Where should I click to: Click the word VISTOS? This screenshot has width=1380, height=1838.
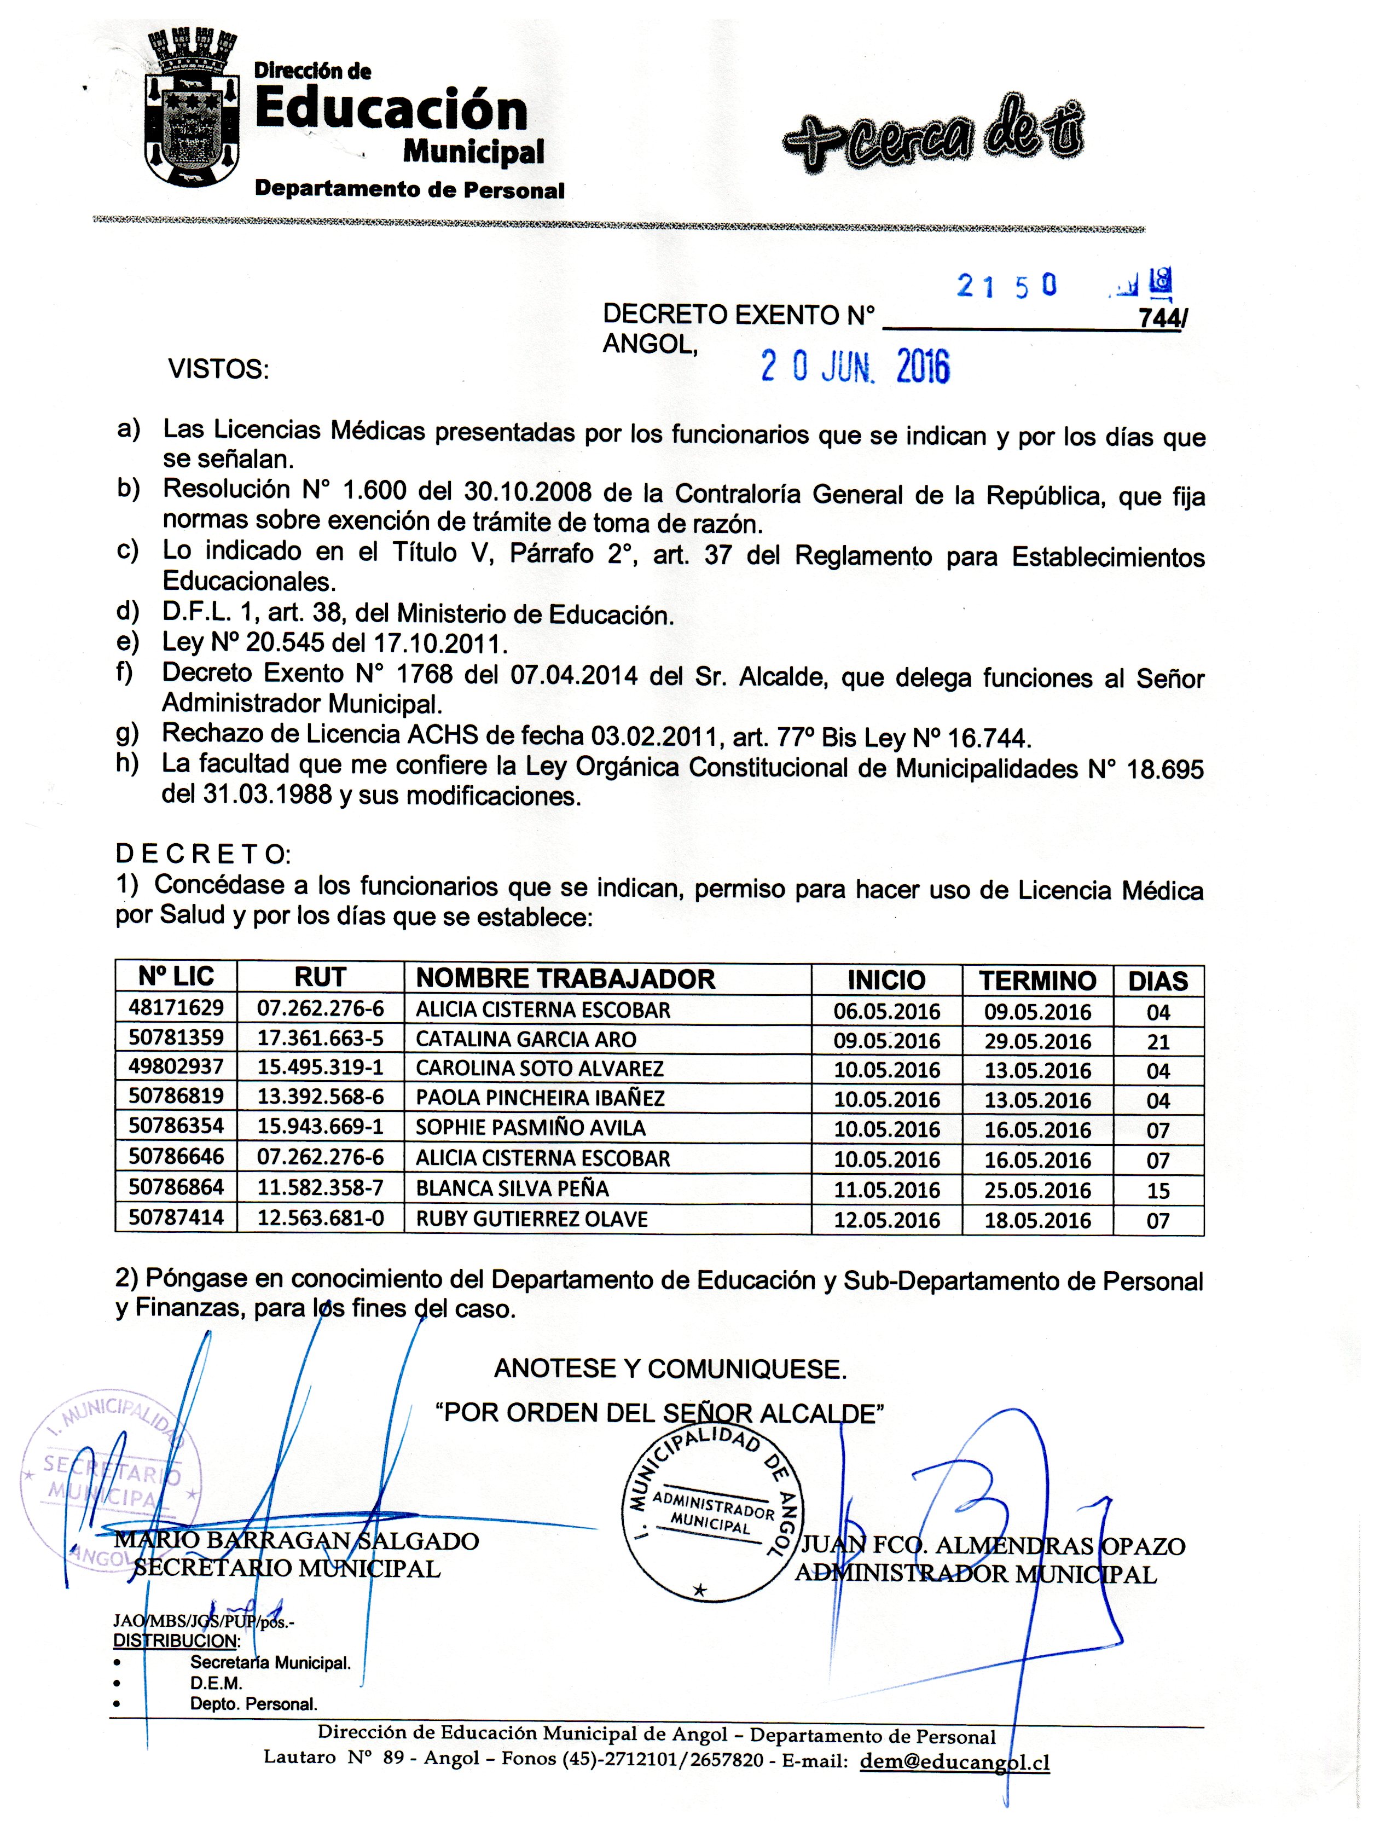[218, 369]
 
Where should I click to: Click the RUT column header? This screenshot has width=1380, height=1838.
[320, 978]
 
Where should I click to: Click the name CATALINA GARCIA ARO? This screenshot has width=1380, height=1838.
[526, 1040]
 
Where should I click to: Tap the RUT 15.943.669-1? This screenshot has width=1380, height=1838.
[320, 1128]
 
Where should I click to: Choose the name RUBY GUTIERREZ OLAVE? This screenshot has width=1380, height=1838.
[532, 1219]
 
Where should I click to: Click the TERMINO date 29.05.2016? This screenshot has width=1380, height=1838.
[1037, 1041]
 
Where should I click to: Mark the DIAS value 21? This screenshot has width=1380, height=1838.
[1158, 1042]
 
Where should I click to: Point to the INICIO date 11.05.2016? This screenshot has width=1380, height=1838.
[886, 1190]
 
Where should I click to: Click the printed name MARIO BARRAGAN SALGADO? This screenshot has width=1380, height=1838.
[297, 1541]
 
